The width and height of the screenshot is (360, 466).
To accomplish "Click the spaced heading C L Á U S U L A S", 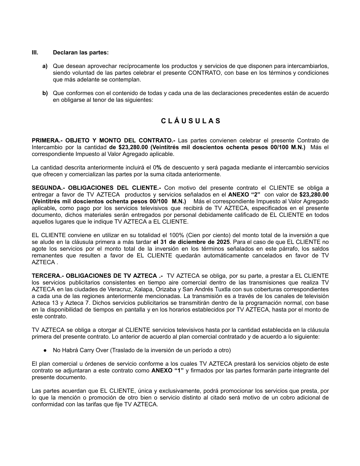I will [191, 121].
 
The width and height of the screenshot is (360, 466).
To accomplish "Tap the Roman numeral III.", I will [35, 53].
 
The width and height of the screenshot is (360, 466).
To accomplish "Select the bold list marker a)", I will [45, 66].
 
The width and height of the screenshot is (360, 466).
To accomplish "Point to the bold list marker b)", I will [45, 93].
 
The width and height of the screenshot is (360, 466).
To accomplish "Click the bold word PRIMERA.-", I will [47, 140].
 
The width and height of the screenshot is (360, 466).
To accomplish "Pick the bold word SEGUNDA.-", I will [48, 188].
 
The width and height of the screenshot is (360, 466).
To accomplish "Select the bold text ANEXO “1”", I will [167, 371].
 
